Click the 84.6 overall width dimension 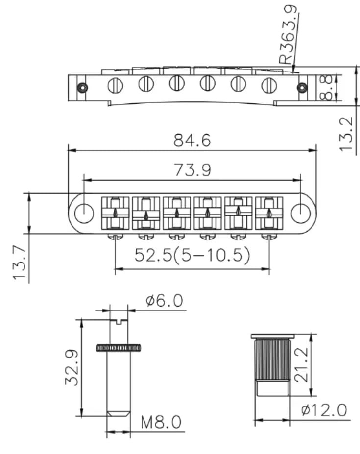192,141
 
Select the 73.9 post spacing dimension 192,170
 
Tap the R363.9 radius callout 288,35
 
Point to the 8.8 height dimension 327,88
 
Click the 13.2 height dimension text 346,134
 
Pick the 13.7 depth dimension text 20,263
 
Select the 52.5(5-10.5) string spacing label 192,255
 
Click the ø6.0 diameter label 164,300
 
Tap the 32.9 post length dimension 71,367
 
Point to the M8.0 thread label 161,422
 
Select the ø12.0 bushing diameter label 324,410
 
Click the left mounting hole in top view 84,214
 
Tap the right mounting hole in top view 301,214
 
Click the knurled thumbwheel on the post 119,348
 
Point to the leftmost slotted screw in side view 115,86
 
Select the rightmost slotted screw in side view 269,86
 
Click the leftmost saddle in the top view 115,214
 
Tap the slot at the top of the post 119,321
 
